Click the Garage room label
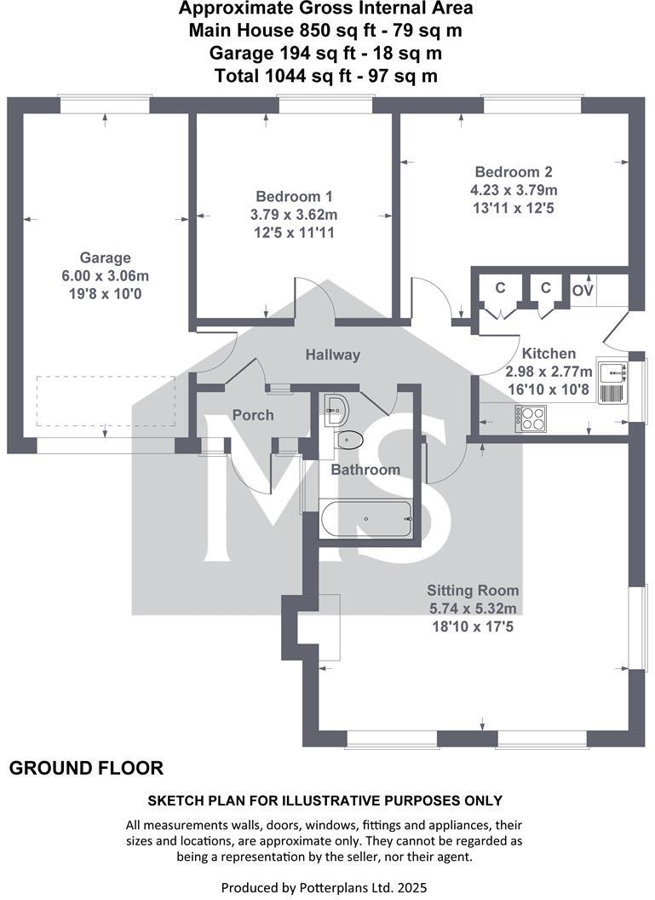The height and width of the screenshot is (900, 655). click(x=106, y=257)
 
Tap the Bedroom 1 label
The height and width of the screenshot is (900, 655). click(x=293, y=195)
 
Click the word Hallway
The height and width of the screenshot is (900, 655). click(x=333, y=355)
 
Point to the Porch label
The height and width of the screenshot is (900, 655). click(x=253, y=415)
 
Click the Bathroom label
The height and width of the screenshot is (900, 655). click(x=365, y=470)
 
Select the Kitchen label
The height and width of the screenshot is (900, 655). click(x=549, y=353)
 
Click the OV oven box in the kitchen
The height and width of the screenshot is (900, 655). click(x=583, y=291)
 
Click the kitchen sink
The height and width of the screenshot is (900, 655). click(x=612, y=382)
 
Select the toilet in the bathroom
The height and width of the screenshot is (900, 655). click(x=349, y=440)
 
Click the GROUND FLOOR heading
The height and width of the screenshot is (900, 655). click(x=86, y=769)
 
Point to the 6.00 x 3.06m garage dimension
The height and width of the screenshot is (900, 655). click(x=106, y=276)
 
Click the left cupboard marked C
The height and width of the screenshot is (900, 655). click(x=500, y=289)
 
